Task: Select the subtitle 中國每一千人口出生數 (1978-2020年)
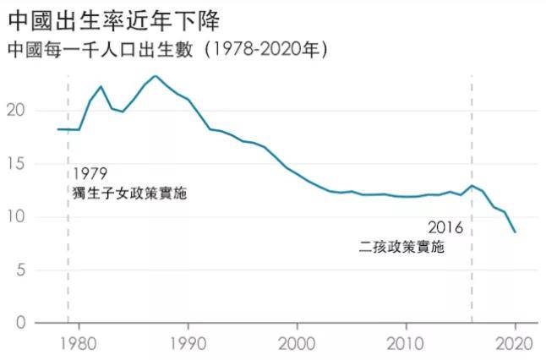(167, 50)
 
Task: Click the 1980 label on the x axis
(79, 345)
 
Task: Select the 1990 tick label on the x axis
(188, 345)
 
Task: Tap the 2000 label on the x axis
(297, 345)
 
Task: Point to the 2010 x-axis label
(406, 345)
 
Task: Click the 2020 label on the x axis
(515, 345)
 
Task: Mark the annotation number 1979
(90, 174)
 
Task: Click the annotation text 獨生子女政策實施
(129, 194)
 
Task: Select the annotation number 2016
(445, 227)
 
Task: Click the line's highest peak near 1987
(155, 76)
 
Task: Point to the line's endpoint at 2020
(515, 232)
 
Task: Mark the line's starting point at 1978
(57, 129)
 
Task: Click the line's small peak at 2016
(472, 186)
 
